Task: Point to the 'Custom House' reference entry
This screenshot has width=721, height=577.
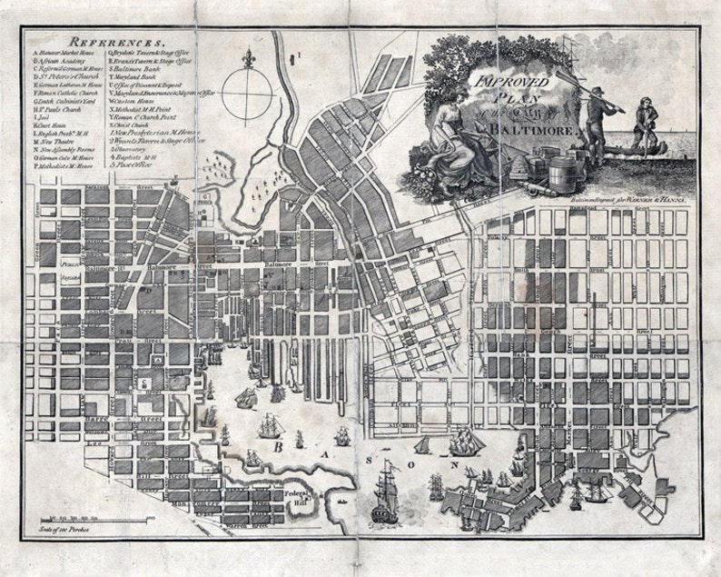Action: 133,100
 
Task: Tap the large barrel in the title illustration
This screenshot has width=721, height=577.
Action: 562,170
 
